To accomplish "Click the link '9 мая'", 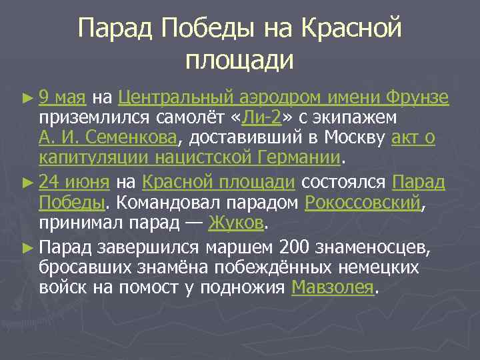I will point(62,99).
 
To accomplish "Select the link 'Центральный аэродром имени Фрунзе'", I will point(283,99).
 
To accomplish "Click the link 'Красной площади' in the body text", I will point(219,182).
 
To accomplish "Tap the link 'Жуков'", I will point(237,221).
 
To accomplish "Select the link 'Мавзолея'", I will point(333,287).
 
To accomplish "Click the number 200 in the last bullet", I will point(295,249).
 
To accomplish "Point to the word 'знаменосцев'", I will point(377,249).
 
